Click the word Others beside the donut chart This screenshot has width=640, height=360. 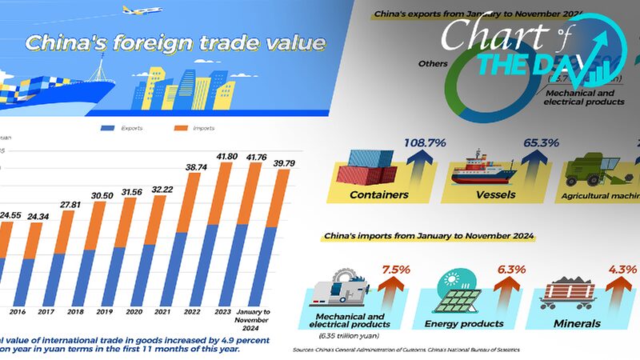coord(430,62)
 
